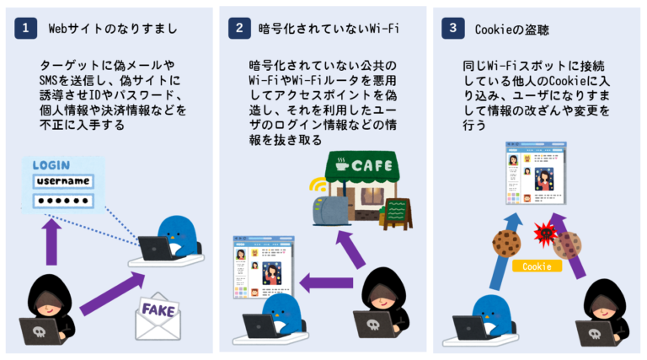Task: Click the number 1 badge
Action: (27, 29)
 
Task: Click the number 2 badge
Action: (240, 29)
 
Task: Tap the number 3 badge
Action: (454, 29)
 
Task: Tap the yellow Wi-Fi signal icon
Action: (318, 186)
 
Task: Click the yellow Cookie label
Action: (537, 266)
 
